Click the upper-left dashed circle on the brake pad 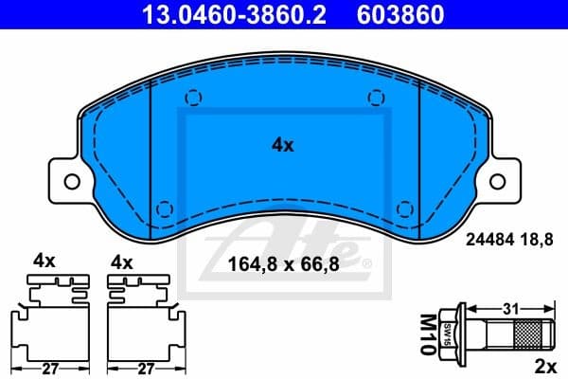click(193, 97)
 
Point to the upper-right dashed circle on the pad click(377, 97)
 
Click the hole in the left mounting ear click(68, 178)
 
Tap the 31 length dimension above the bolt click(510, 309)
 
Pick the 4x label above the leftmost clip click(45, 260)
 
